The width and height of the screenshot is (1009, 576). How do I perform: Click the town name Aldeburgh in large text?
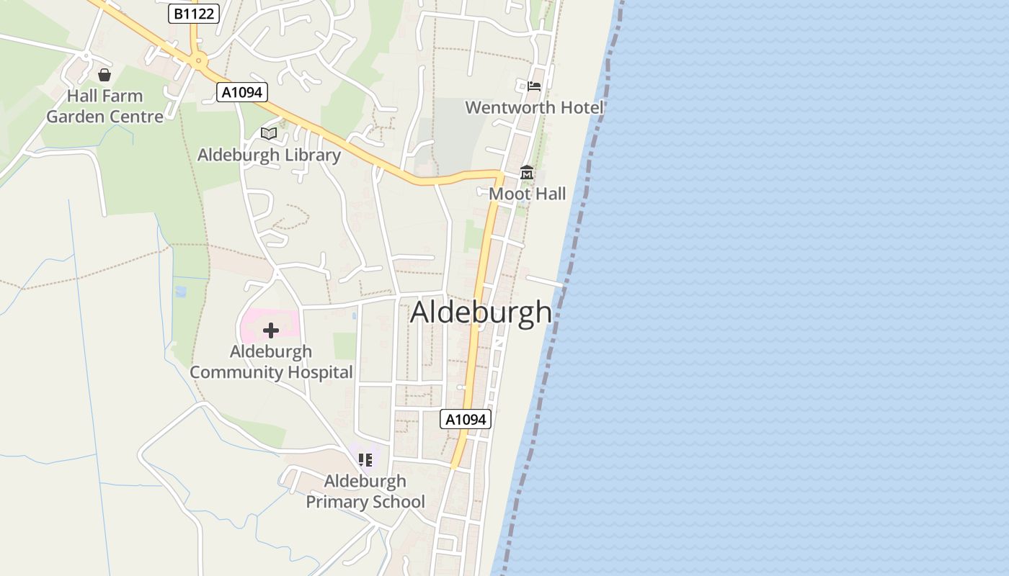point(481,312)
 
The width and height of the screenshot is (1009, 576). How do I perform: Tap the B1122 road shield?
point(194,14)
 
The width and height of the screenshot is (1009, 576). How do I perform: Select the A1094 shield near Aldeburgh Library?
point(242,92)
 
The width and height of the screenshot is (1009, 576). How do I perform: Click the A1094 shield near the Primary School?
point(466,419)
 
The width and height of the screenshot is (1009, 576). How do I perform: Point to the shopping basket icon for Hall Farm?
point(105,75)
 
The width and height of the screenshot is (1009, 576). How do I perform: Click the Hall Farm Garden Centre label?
point(105,106)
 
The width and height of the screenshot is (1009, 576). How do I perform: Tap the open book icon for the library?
point(269,133)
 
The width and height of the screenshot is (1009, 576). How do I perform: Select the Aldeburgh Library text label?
point(269,155)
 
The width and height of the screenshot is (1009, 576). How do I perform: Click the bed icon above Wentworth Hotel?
point(533,86)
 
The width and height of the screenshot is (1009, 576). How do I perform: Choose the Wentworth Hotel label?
point(534,107)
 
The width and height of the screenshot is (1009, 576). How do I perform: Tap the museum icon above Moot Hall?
point(527,173)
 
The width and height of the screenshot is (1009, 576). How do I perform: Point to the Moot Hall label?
point(528,194)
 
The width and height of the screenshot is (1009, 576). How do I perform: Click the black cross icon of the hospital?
point(271,330)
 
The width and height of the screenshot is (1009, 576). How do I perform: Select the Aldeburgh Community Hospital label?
point(271,361)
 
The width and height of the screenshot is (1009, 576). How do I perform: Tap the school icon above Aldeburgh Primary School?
point(365,459)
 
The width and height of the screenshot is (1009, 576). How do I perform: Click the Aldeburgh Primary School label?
point(365,491)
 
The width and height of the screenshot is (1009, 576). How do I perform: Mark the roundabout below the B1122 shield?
point(197,61)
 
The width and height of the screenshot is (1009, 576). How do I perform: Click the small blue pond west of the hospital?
point(180,292)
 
